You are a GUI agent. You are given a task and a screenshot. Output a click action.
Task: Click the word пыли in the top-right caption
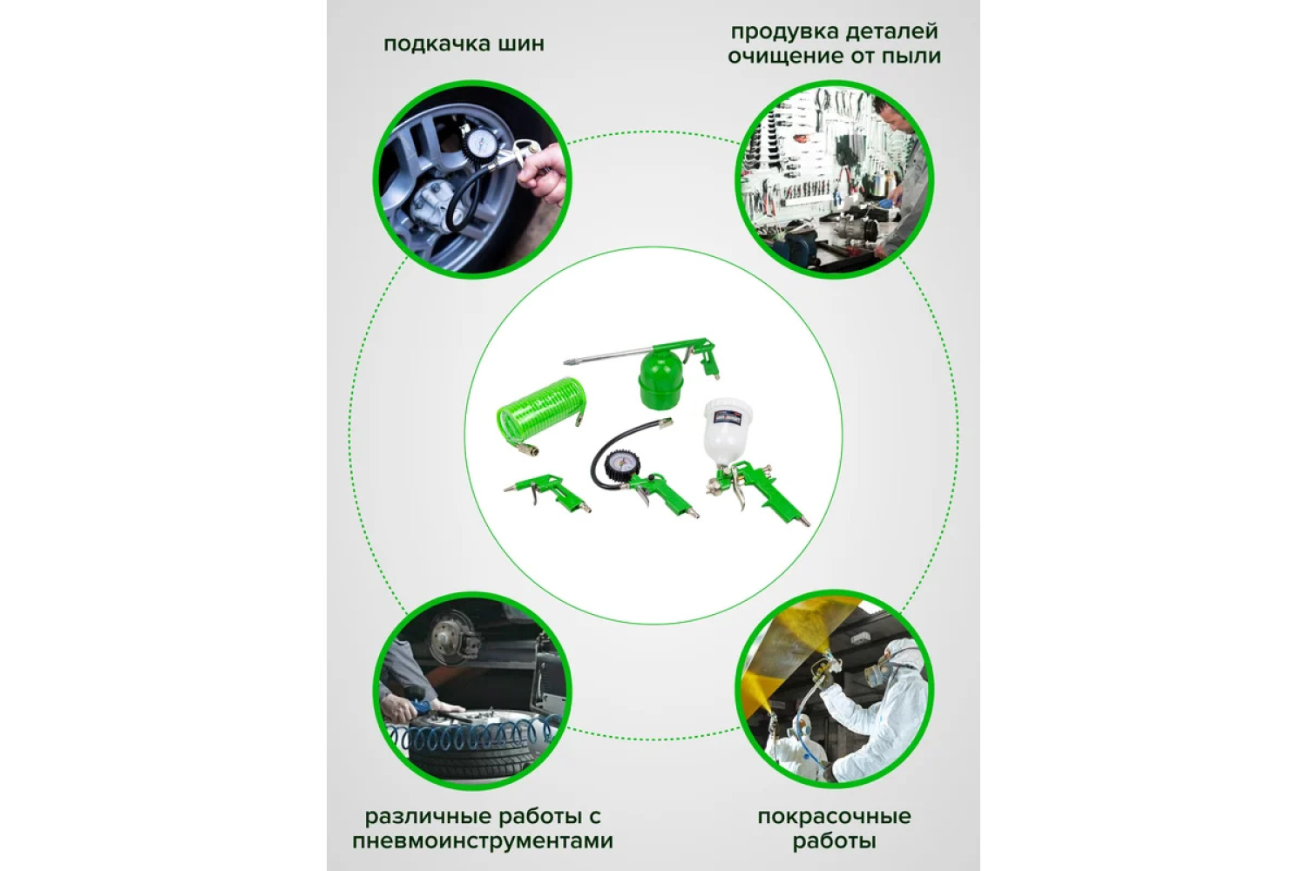(x=914, y=57)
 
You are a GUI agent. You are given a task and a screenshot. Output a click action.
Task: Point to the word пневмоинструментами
(x=483, y=842)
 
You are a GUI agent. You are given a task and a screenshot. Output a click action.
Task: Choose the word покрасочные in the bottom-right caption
(x=835, y=817)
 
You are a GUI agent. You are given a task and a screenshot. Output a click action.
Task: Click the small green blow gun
(x=547, y=493)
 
